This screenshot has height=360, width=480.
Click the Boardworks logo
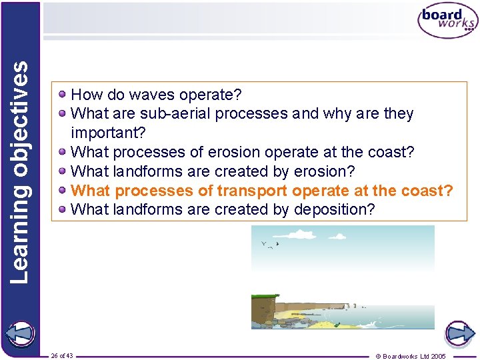447,21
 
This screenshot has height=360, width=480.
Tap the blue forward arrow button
459,333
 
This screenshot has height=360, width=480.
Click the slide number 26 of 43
62,355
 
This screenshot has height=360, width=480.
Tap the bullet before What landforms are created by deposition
62,209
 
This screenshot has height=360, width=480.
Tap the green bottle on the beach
338,325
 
